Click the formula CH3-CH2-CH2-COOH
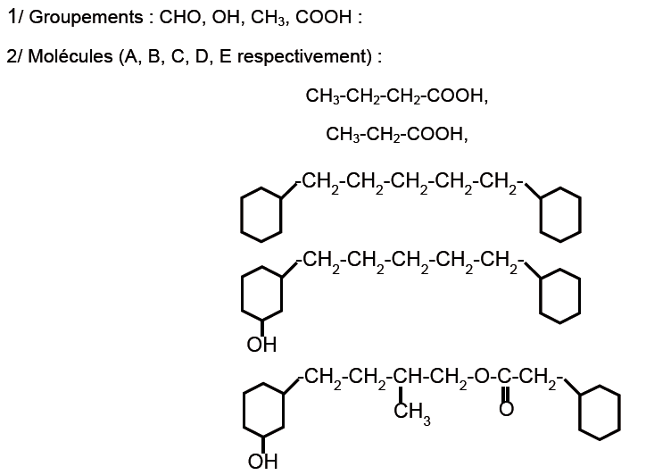coord(396,96)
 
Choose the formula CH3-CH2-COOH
coord(397,135)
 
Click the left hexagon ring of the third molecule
coord(262,212)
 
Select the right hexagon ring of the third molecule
coord(560,212)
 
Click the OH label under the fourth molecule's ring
coord(261,344)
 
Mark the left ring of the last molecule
coord(262,412)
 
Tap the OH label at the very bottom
coord(262,461)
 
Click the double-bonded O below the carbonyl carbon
coord(506,408)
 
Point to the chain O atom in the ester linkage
coord(481,378)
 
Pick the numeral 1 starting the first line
coord(11,17)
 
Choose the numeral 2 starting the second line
coord(11,55)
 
